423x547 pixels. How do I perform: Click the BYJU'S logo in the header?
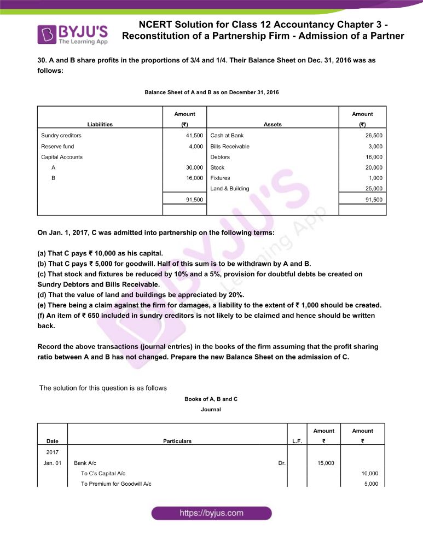tap(72, 34)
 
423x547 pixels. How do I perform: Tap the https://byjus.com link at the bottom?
tap(211, 513)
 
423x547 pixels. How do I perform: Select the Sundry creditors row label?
tap(61, 135)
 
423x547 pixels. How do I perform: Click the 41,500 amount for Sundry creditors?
tap(194, 135)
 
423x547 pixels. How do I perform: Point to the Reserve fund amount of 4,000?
tap(196, 146)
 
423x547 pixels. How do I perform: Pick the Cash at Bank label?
tap(227, 135)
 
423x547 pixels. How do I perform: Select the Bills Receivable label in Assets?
tap(230, 146)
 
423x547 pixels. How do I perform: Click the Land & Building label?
tap(230, 189)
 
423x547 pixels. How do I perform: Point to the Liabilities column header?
tap(100, 124)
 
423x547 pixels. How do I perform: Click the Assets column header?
tap(273, 124)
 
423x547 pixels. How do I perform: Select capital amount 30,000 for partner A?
tap(194, 167)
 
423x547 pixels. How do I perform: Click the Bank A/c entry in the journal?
tap(85, 463)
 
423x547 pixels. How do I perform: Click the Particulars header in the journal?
tap(177, 441)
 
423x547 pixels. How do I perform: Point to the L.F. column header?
tap(297, 441)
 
